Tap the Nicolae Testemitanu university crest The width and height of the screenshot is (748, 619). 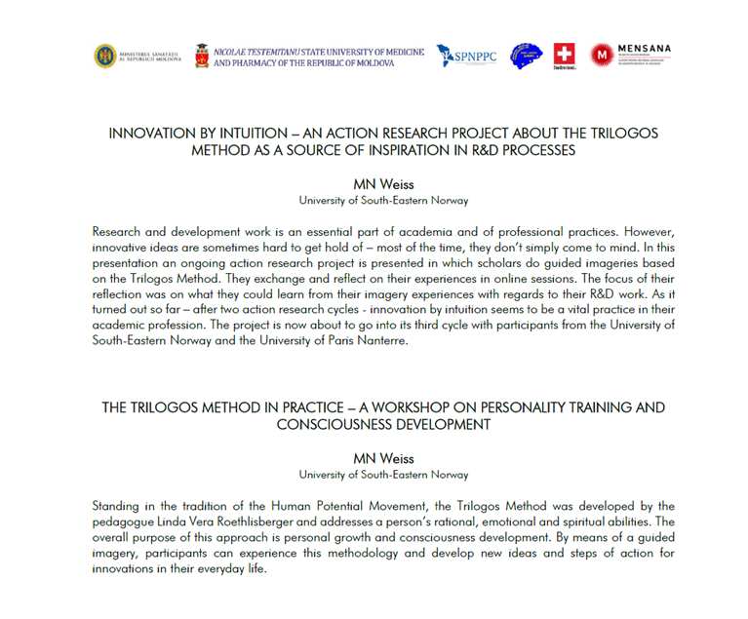tap(202, 56)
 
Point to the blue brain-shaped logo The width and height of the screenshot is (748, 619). tap(527, 56)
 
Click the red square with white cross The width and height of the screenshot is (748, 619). tap(564, 55)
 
